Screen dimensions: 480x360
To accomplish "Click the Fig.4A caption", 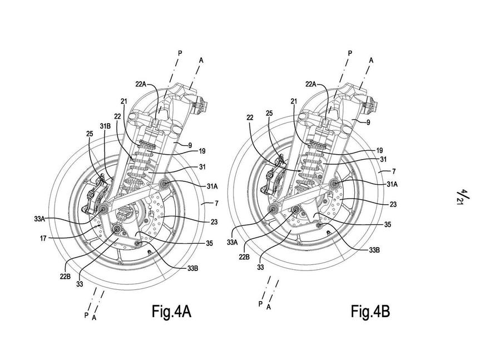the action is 171,312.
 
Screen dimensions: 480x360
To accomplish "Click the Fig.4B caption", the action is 370,312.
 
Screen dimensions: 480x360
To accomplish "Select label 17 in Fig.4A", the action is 43,238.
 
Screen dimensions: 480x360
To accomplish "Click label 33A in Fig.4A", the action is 40,219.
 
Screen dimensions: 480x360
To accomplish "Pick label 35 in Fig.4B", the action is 388,224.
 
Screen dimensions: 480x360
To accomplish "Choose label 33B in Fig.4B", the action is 374,250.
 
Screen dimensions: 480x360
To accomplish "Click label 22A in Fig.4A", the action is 141,84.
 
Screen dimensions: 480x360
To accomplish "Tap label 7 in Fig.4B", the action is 394,171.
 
